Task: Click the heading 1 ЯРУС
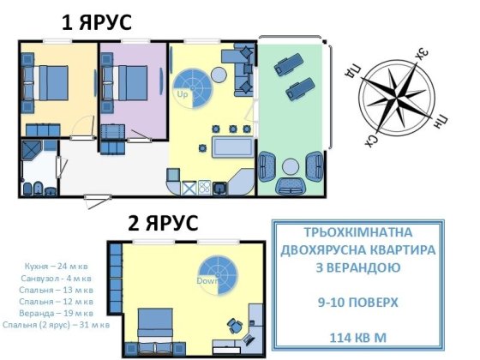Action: pos(96,22)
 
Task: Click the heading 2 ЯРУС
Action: pos(163,224)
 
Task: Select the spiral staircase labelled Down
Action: pos(218,273)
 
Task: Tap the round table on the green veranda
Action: pos(291,165)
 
